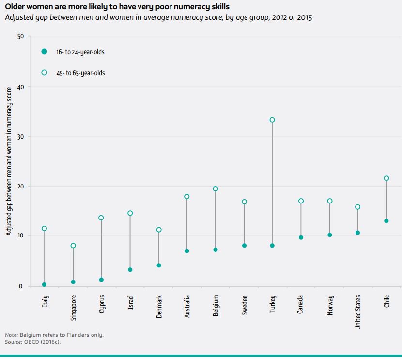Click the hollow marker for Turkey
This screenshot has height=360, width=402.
(272, 120)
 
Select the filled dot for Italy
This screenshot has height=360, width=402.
(44, 284)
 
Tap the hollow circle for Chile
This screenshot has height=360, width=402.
(387, 178)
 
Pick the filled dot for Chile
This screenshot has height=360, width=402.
(387, 221)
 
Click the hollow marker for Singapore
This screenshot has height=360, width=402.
(73, 246)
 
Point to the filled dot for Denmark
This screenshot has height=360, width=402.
(159, 266)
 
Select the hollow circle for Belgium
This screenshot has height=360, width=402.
(216, 188)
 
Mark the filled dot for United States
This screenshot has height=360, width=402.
(358, 233)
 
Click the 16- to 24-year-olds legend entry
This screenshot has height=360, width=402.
(73, 52)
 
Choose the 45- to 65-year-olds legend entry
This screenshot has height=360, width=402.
(73, 73)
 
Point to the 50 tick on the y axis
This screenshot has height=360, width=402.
(20, 37)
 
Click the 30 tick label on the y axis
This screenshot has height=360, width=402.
(20, 137)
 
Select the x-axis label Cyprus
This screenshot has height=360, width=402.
(102, 304)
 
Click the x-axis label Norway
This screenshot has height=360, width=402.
(330, 305)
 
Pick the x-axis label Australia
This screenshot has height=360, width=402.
(187, 306)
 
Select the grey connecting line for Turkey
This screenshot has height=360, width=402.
(272, 184)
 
